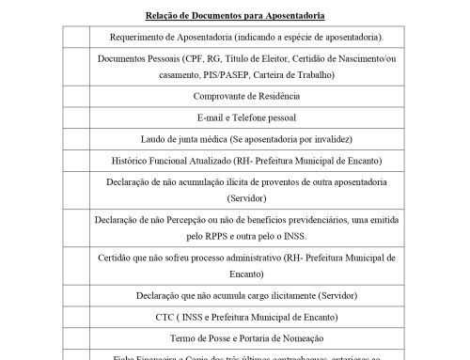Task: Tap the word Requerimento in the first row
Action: click(137, 37)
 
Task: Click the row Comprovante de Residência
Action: click(247, 97)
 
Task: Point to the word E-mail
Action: click(212, 117)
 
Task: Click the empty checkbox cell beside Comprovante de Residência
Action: click(74, 97)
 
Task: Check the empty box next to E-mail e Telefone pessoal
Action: click(74, 117)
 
